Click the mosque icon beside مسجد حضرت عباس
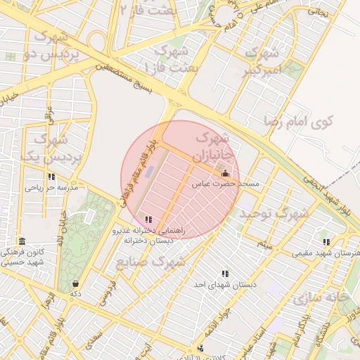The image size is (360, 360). pos(225,174)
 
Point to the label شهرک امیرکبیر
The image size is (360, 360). pos(262,62)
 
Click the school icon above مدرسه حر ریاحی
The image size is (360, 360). pos(51,177)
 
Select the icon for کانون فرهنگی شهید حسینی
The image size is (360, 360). pos(22,241)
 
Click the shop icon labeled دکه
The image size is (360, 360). pos(75,283)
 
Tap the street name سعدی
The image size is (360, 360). pos(92,342)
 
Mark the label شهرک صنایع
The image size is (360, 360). pos(150,262)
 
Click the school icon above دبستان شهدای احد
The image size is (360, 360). pos(225,274)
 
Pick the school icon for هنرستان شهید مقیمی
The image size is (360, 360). pos(326,242)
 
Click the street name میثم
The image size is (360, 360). pos(264,245)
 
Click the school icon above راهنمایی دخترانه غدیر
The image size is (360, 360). pos(148,220)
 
